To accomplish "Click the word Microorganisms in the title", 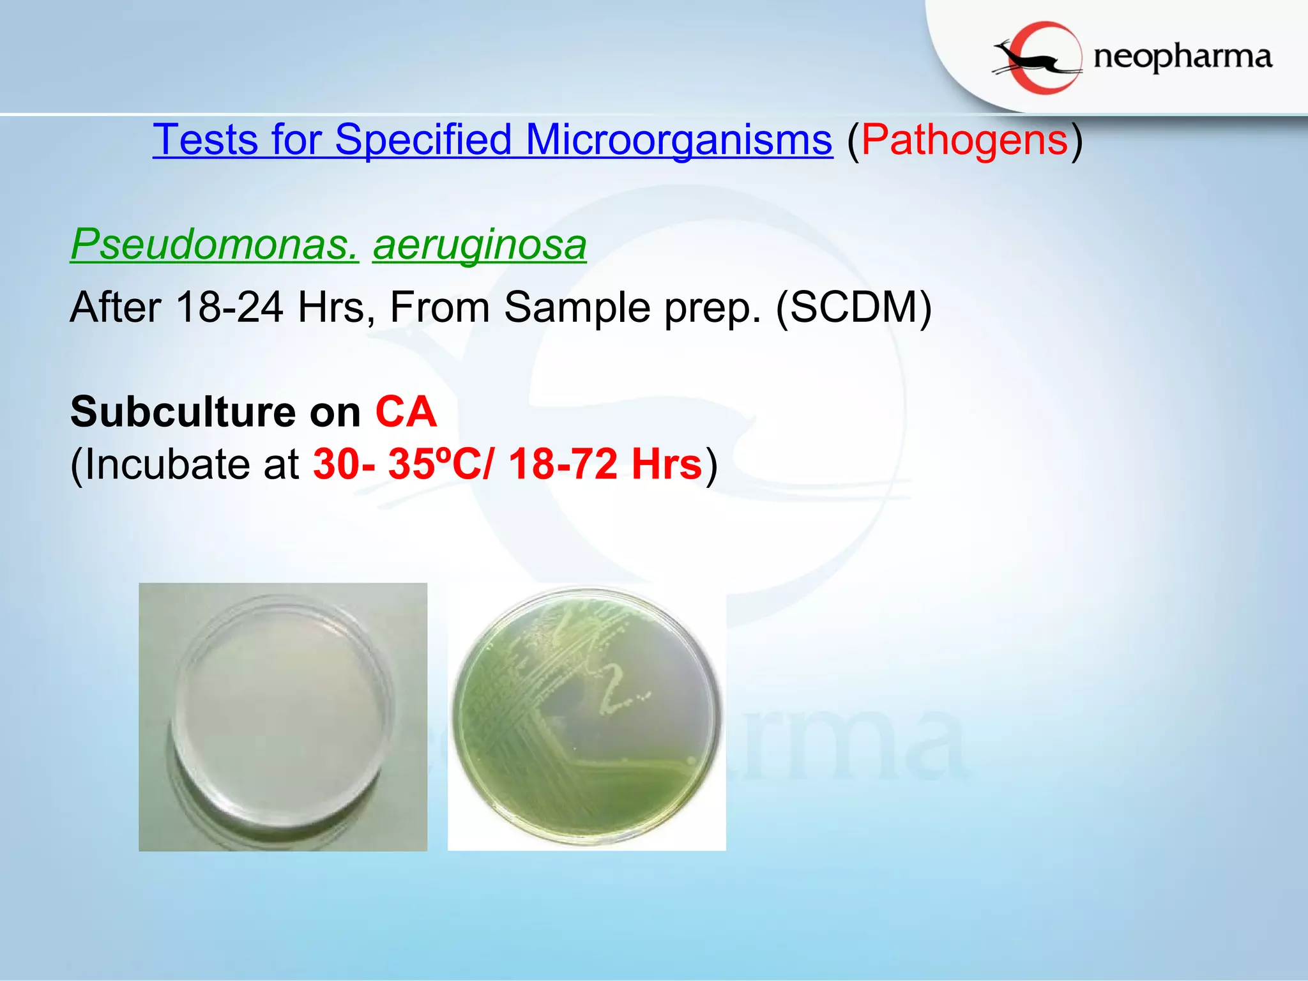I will pos(679,139).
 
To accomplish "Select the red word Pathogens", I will pos(964,139).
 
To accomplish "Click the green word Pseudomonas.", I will pos(214,244).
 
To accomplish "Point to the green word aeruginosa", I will pos(479,244).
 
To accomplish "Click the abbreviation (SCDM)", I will pos(853,307).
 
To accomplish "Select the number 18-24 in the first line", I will pos(229,307).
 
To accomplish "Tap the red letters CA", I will pos(406,412).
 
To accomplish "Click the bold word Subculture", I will pos(183,412).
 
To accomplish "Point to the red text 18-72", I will pos(563,464).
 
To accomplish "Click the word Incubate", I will pos(168,464).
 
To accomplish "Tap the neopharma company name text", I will pos(1183,57).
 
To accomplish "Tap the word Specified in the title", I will pos(423,139).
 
